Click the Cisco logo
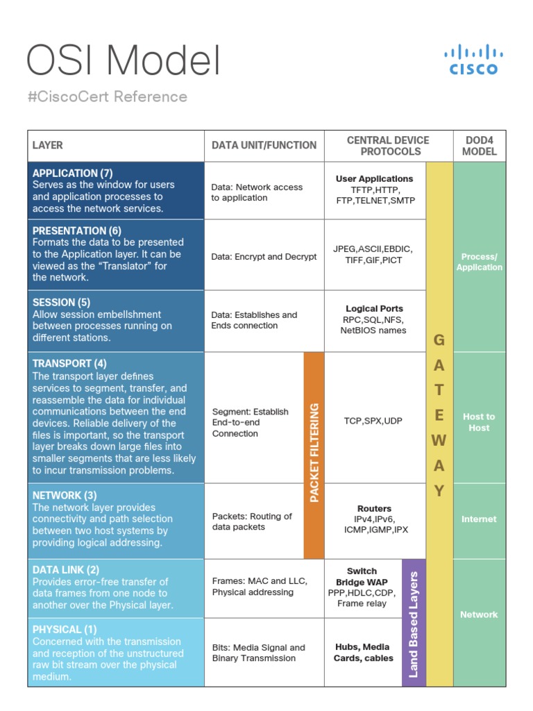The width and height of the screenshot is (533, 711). coord(474,60)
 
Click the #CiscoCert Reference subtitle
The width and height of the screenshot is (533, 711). coord(108,97)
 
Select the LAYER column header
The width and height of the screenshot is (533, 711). coord(48,145)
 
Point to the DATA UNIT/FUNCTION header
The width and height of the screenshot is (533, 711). coord(264,145)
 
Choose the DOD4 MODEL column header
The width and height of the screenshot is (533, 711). coord(480,145)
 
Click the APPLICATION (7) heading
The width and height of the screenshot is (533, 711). coord(72,173)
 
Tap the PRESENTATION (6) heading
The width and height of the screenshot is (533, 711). coord(76,231)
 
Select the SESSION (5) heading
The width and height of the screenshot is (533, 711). coord(61,302)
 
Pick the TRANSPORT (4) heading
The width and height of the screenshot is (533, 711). coord(69,363)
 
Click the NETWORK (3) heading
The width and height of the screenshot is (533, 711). coord(65,495)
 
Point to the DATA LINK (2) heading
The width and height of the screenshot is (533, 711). coord(66,569)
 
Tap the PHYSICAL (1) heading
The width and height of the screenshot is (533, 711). coord(65,629)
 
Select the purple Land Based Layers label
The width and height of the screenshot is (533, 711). coord(414,624)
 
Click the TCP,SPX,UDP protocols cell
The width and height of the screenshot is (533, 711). coord(373,421)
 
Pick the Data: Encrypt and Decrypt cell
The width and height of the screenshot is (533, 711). coord(264,256)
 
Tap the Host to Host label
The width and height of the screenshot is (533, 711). coord(479,422)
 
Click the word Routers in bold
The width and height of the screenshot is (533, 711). coord(374,508)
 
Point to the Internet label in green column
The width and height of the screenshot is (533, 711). coord(479,519)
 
